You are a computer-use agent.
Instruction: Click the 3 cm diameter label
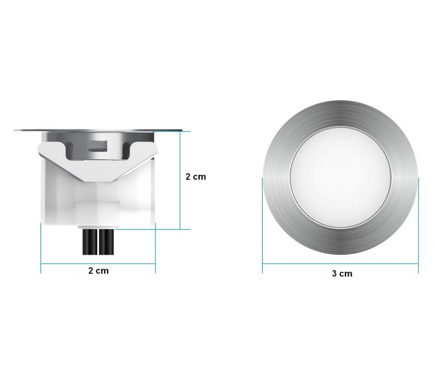(x=342, y=274)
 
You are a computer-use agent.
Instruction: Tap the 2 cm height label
(x=195, y=177)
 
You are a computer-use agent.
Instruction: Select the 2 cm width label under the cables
(x=98, y=271)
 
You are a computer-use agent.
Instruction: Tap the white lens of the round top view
(x=340, y=178)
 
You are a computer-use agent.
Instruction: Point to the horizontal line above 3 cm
(x=340, y=263)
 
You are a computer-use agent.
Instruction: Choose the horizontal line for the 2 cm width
(x=98, y=263)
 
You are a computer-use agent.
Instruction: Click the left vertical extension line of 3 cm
(x=262, y=226)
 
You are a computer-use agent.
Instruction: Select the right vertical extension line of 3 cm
(x=418, y=226)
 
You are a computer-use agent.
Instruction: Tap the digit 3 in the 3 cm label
(x=334, y=274)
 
